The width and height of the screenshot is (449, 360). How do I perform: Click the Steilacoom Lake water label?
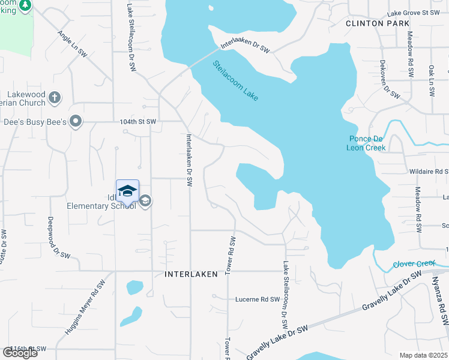[x=235, y=79]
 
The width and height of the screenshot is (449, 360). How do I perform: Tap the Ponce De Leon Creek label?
[x=367, y=143]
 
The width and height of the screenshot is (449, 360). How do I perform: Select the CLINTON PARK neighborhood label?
[x=378, y=23]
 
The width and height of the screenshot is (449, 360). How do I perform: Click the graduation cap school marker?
[x=127, y=191]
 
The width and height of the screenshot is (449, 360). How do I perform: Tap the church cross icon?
[x=54, y=97]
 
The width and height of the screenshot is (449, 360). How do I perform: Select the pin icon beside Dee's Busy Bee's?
[x=75, y=122]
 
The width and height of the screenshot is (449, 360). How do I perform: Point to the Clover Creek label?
[x=414, y=263]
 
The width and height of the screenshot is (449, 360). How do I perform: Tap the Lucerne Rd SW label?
[x=258, y=299]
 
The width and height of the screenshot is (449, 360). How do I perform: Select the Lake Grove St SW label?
[x=415, y=13]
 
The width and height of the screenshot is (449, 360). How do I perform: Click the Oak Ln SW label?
[x=431, y=81]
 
